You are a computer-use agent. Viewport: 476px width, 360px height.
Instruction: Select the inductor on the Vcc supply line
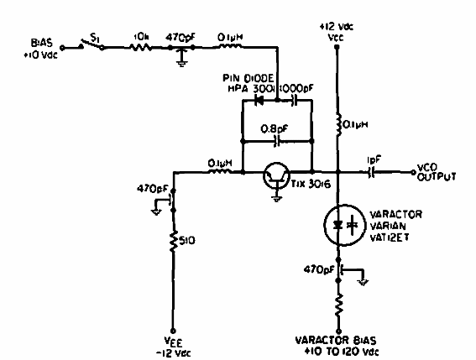[x=337, y=127]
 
